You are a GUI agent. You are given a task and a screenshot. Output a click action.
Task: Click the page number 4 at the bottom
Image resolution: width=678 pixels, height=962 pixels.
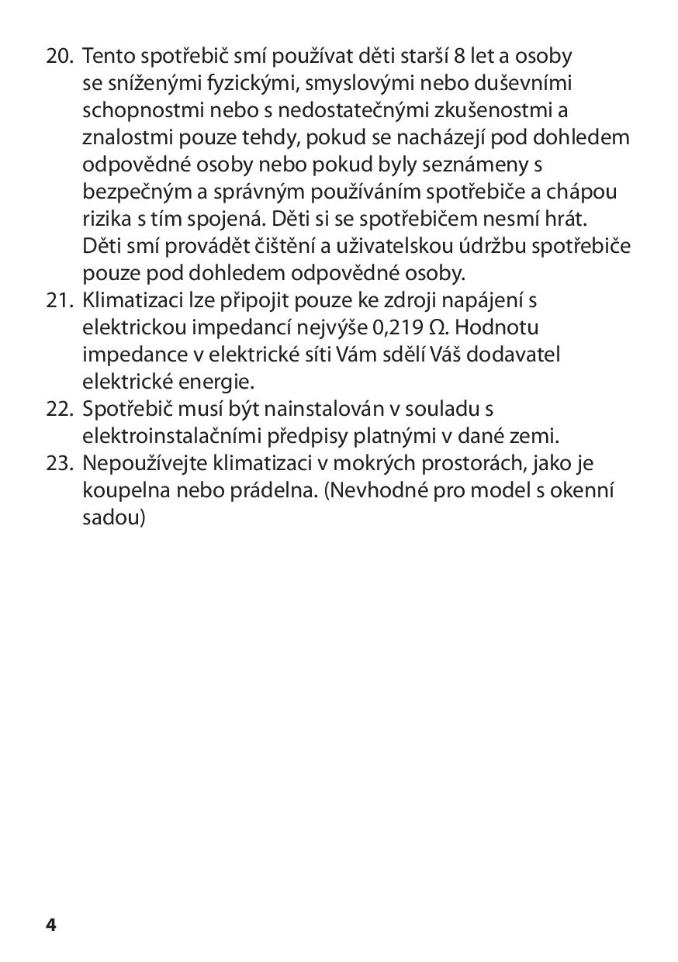tap(51, 925)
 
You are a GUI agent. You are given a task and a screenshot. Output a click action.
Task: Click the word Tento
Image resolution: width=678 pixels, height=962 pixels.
tap(106, 56)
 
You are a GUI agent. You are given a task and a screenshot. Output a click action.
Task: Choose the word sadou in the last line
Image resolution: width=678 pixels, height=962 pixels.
tap(113, 517)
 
